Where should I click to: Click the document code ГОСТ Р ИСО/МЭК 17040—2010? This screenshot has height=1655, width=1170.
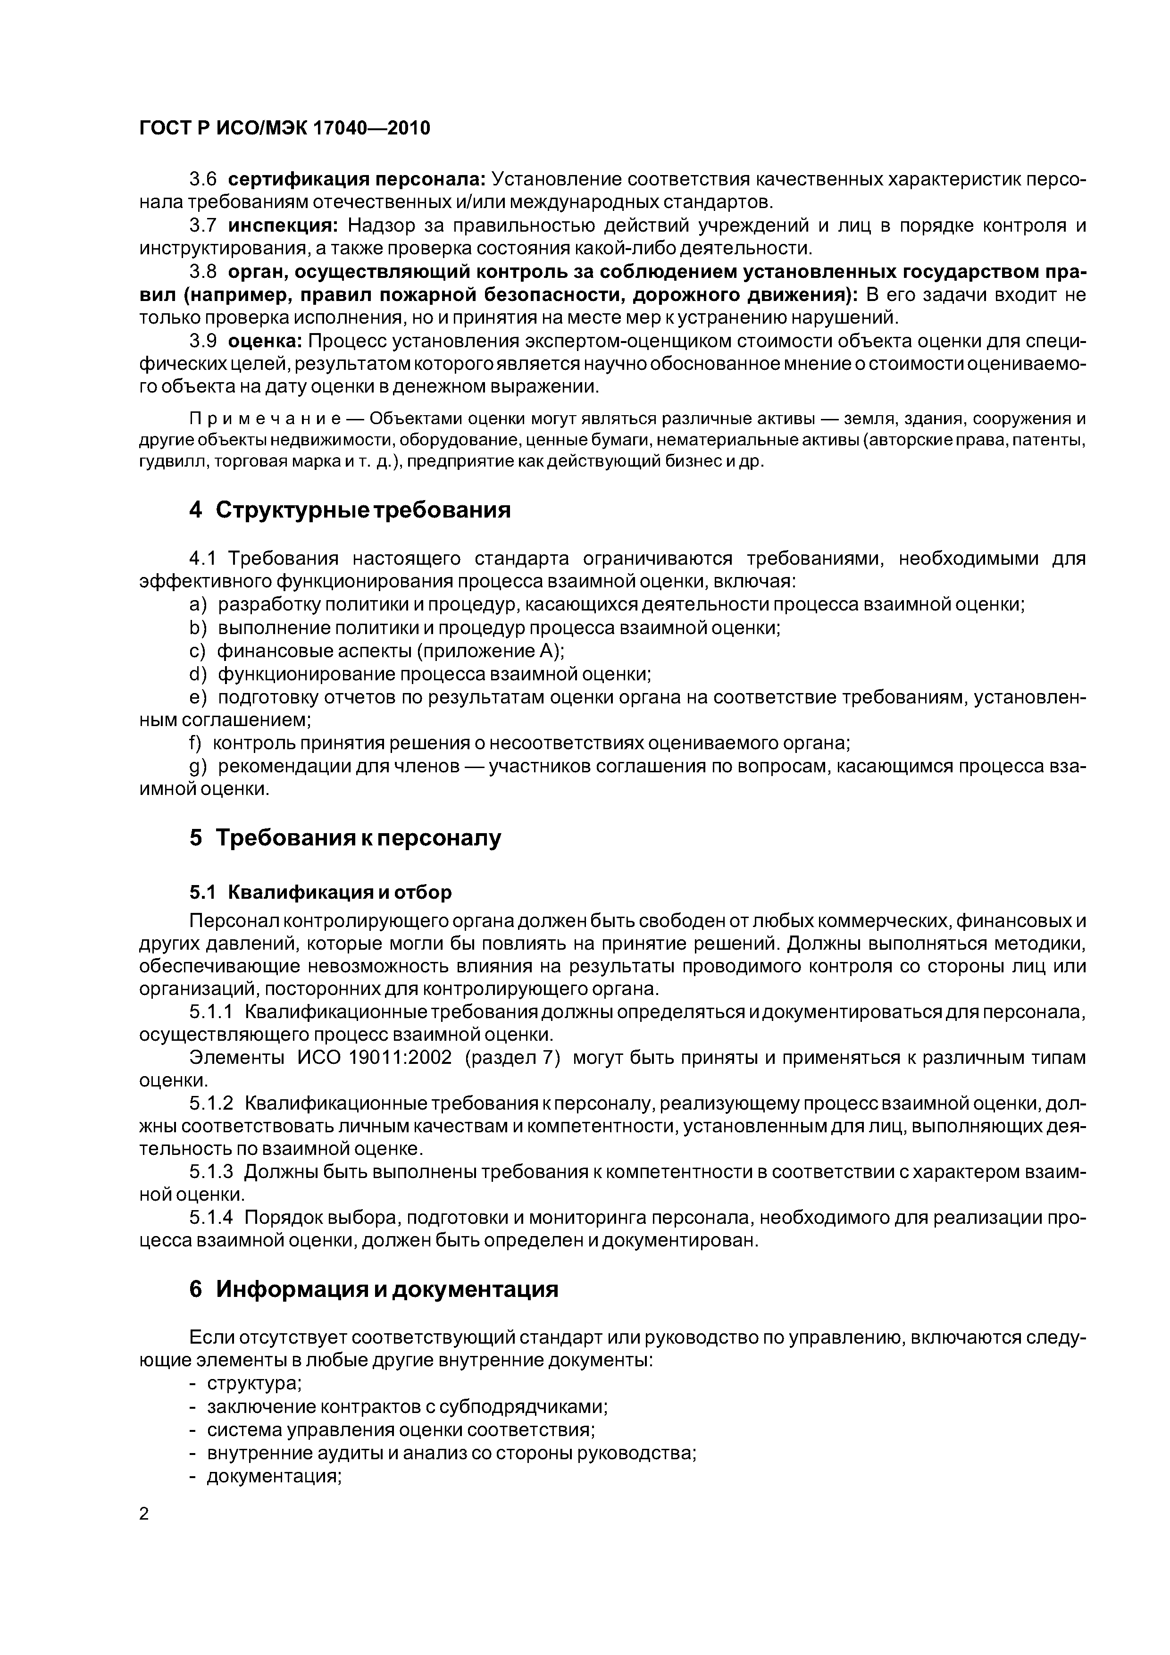pyautogui.click(x=284, y=127)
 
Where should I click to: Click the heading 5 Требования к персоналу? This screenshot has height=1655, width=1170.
pyautogui.click(x=344, y=837)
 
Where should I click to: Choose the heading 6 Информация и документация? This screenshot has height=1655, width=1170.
pyautogui.click(x=374, y=1289)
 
